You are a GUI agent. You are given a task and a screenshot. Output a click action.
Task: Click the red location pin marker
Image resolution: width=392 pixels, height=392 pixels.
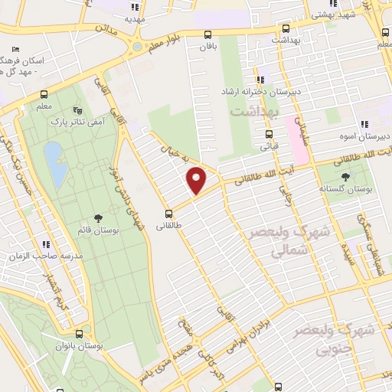pos(198,181)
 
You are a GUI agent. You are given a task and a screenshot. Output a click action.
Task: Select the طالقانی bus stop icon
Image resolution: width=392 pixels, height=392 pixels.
pos(168,214)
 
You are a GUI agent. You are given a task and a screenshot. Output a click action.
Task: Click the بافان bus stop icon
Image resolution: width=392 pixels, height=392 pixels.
pos(207,34)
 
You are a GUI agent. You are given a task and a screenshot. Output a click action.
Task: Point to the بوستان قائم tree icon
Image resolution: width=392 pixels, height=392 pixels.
pos(96,219)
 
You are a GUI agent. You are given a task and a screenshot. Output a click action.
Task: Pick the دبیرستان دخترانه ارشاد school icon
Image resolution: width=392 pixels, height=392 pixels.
pos(261,79)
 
